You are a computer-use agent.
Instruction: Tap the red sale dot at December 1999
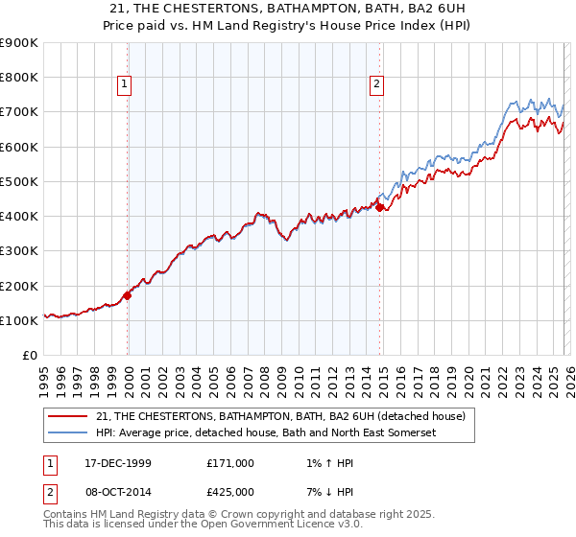coord(128,295)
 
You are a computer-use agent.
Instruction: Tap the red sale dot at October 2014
coord(380,207)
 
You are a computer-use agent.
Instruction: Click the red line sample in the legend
coord(67,416)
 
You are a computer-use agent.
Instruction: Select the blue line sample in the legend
coord(67,433)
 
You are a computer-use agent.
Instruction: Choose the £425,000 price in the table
coord(230,492)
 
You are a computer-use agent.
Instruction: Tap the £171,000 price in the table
coord(230,462)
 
